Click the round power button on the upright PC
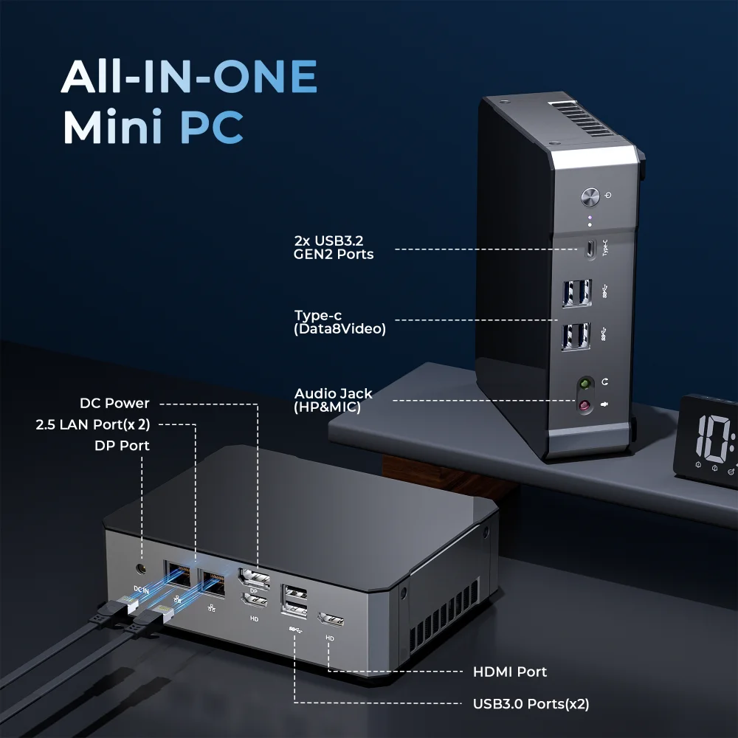click(590, 197)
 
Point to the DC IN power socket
click(141, 570)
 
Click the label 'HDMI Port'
click(509, 672)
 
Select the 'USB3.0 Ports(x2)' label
click(531, 704)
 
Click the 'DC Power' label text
click(114, 403)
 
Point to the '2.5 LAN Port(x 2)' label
click(93, 424)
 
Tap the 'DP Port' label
click(122, 446)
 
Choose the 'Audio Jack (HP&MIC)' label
click(333, 400)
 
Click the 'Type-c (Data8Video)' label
click(339, 323)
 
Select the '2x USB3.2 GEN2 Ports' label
click(334, 247)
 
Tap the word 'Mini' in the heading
click(112, 127)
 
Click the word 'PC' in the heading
click(212, 127)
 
